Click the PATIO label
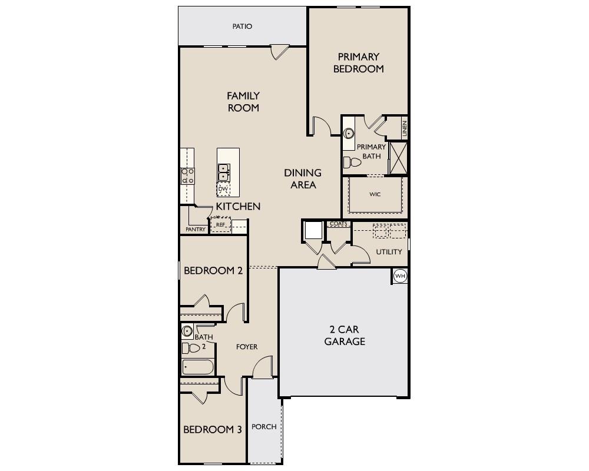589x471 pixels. click(242, 26)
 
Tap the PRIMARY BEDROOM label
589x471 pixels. click(358, 63)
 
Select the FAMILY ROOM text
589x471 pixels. click(243, 102)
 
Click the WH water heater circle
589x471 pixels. click(400, 276)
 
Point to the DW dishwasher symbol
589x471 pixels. click(223, 189)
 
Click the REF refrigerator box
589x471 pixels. click(221, 224)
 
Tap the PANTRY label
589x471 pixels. click(195, 230)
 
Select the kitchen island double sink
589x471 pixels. click(224, 172)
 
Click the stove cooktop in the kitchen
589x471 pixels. click(187, 175)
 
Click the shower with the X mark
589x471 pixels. click(398, 158)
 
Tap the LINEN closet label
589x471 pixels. click(405, 129)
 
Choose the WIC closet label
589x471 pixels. click(375, 194)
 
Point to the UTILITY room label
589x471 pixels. click(389, 251)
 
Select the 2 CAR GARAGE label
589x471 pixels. click(345, 335)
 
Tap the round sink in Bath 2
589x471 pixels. click(187, 331)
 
